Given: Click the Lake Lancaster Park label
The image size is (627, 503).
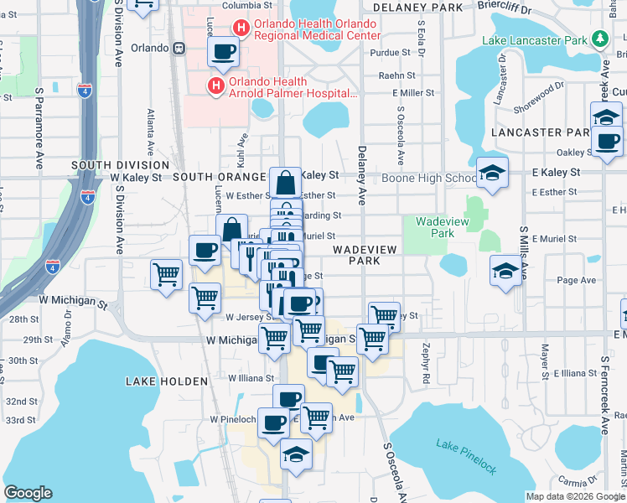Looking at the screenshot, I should tap(534, 39).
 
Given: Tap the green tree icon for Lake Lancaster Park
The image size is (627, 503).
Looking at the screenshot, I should tap(599, 39).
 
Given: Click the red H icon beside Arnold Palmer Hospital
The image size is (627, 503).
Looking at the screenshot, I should tap(215, 86).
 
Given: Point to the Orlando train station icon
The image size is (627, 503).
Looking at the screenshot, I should tap(179, 48).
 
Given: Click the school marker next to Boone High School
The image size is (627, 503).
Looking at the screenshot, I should tap(492, 173).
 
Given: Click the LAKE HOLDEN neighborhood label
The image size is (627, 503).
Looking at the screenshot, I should tap(166, 381).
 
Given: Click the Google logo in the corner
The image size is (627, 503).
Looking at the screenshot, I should tap(28, 493).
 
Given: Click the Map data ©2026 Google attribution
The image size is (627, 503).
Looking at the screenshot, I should tap(574, 495).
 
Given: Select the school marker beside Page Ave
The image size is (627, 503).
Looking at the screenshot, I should tap(505, 271).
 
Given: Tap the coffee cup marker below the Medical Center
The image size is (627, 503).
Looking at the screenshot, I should tap(224, 53).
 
